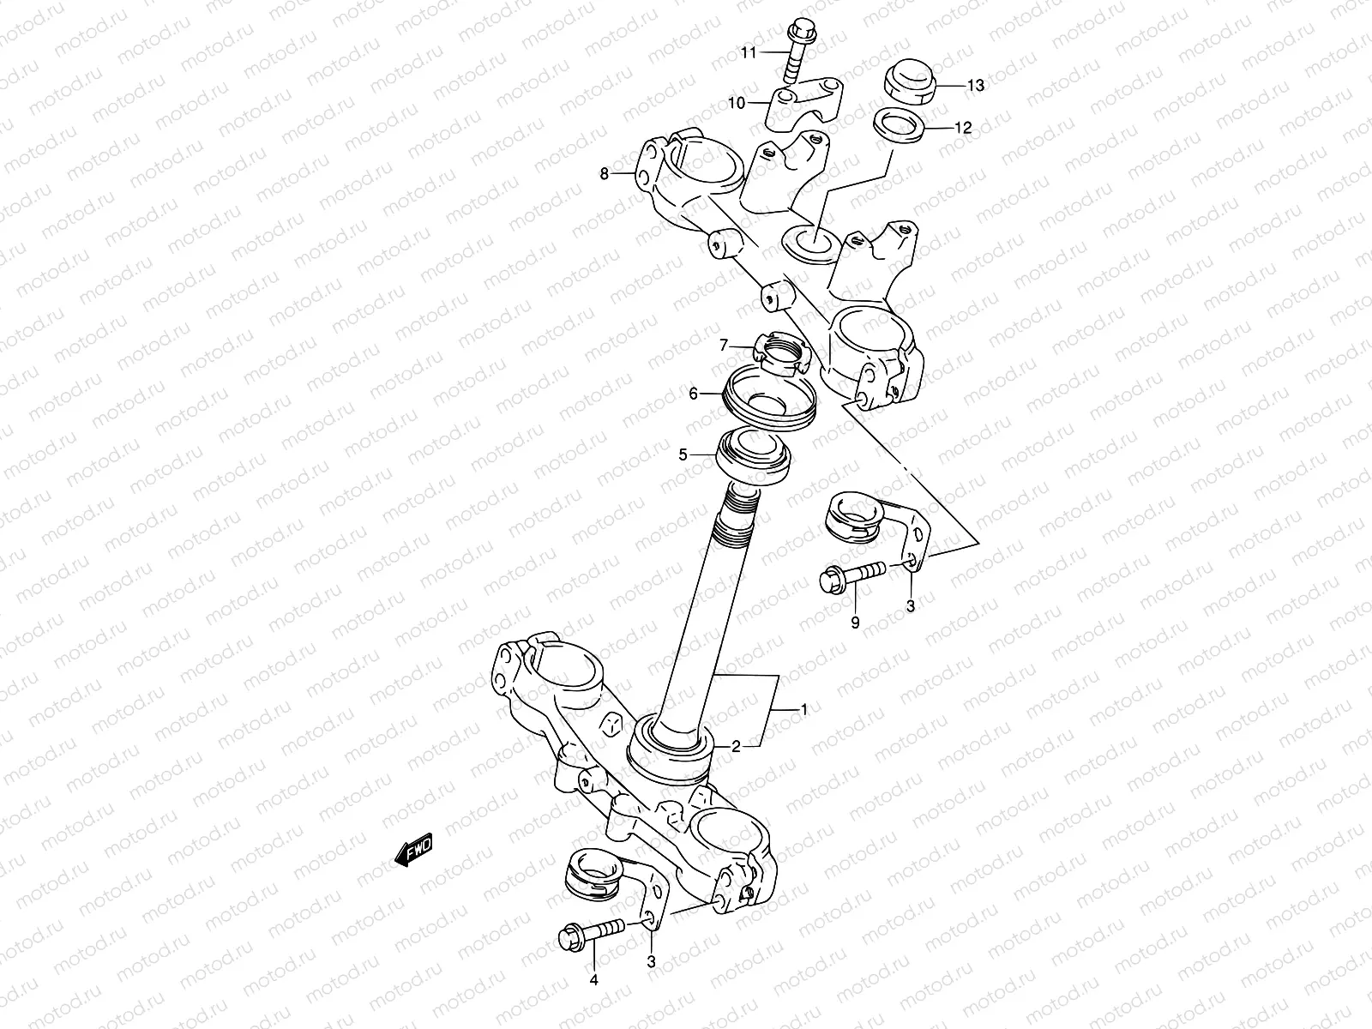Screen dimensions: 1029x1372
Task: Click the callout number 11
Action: [x=749, y=53]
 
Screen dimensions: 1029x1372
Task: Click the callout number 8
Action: [x=604, y=174]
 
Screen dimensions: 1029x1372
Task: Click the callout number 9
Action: [x=854, y=623]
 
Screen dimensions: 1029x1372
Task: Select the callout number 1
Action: [x=803, y=708]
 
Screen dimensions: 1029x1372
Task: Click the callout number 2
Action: [x=735, y=746]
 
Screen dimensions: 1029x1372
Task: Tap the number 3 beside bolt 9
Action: [x=910, y=605]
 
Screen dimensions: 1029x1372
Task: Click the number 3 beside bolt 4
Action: [x=651, y=962]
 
